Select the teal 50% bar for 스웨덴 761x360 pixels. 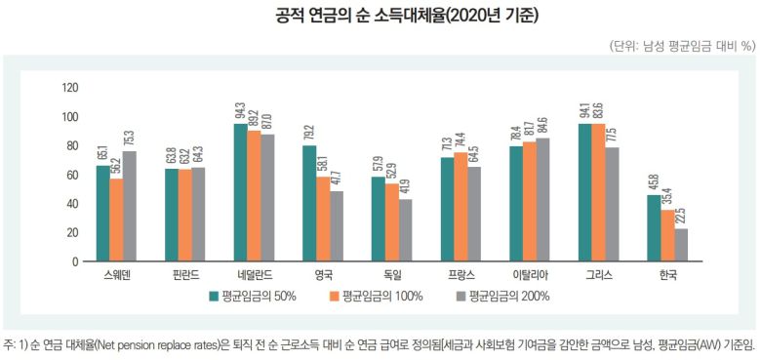coord(102,214)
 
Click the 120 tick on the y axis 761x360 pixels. coord(69,88)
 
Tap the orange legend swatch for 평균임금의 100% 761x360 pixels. coord(334,296)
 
